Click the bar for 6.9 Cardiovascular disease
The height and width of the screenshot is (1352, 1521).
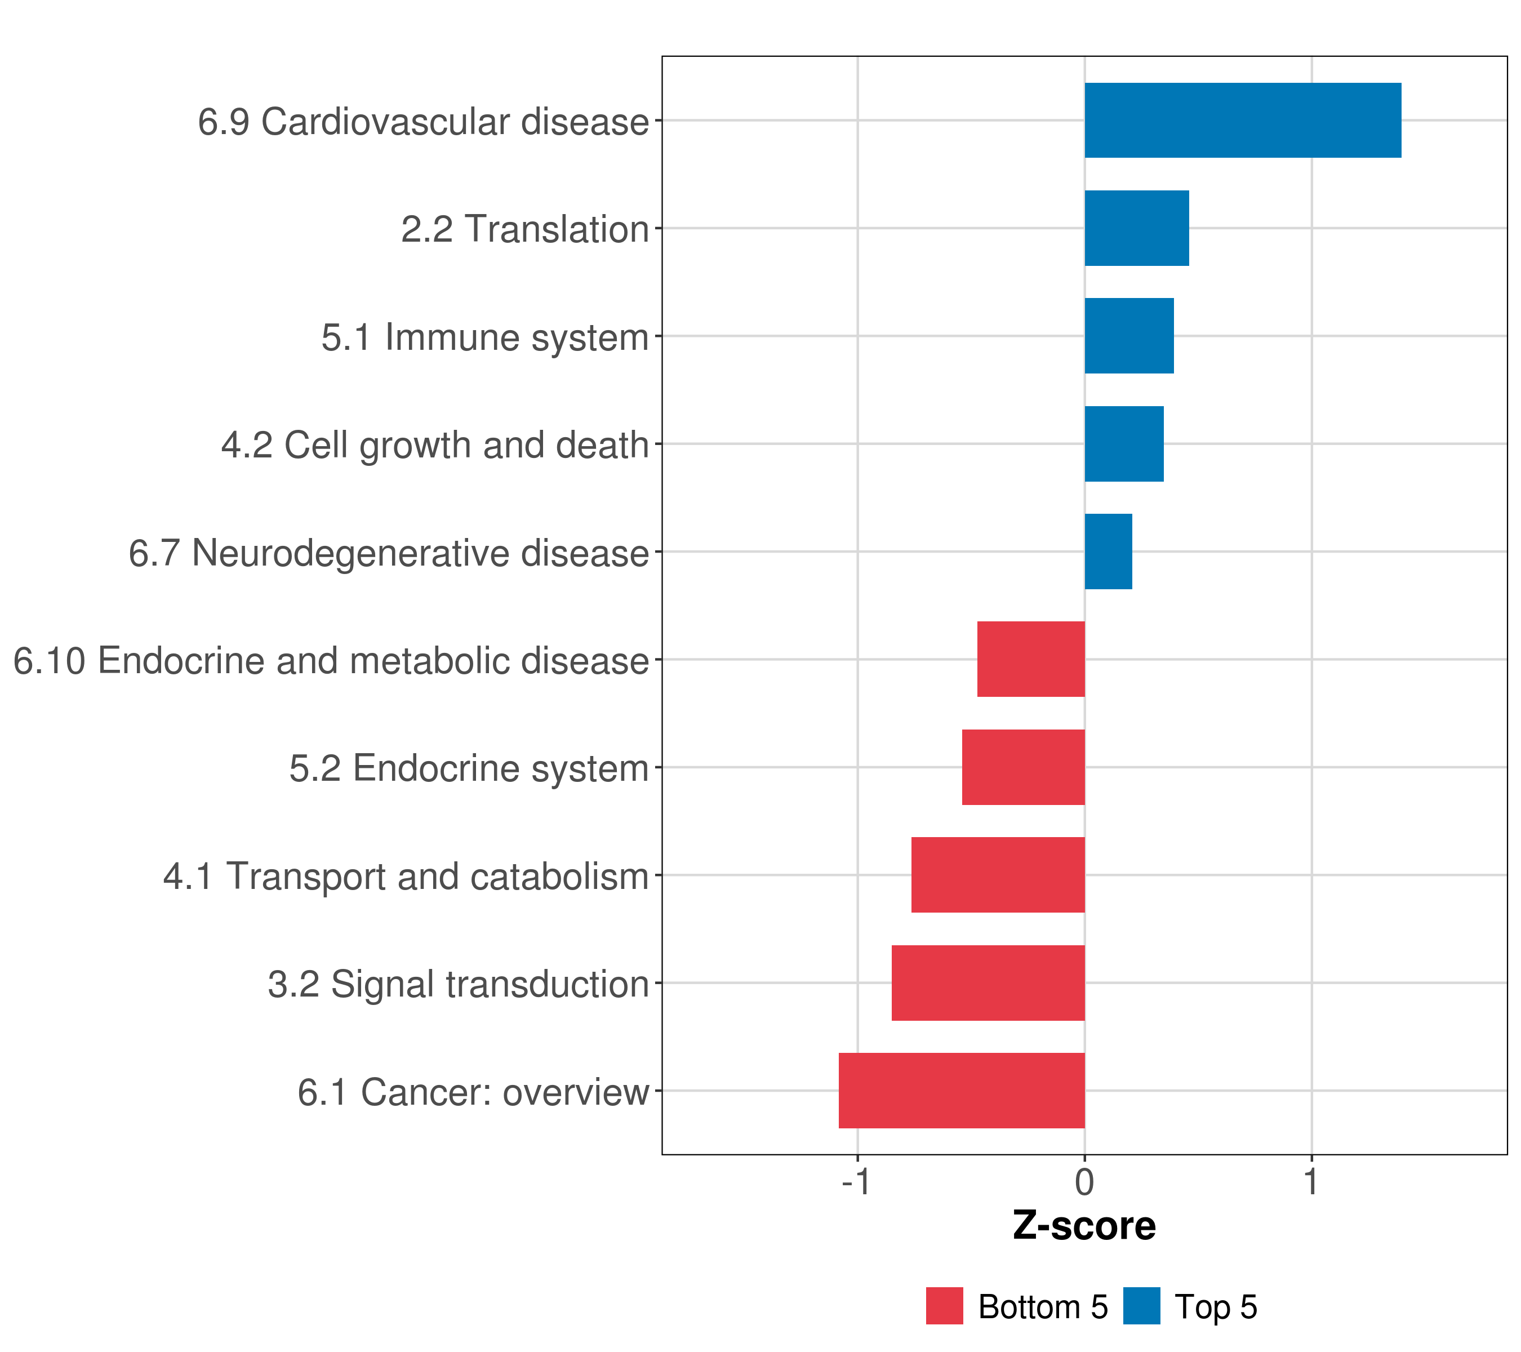tap(1242, 121)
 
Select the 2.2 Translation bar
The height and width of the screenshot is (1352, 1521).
tap(1136, 229)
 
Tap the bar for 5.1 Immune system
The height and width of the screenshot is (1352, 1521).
tap(1129, 336)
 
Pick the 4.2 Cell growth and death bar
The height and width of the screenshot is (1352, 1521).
tap(1124, 444)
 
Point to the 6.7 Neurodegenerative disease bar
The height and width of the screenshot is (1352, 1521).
tap(1108, 552)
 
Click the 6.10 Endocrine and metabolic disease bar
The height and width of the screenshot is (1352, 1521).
tap(1031, 659)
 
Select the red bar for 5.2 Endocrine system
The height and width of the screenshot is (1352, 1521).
tap(1023, 767)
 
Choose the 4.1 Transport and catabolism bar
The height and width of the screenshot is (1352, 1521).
tap(998, 875)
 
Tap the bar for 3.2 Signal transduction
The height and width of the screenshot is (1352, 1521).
tap(988, 983)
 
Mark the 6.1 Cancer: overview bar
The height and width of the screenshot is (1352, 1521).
tap(962, 1091)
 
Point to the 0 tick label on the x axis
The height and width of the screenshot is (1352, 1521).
tap(1084, 1182)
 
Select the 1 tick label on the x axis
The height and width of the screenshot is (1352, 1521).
tap(1311, 1182)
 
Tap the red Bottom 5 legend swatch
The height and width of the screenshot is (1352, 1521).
tap(944, 1306)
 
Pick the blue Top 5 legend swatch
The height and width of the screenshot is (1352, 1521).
tap(1141, 1306)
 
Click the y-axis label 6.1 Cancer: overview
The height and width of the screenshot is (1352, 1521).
tap(473, 1092)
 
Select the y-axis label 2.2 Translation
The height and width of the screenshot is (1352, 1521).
tap(524, 229)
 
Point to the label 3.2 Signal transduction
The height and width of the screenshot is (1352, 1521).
tap(459, 984)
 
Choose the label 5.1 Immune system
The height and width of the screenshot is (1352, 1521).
tap(485, 337)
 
